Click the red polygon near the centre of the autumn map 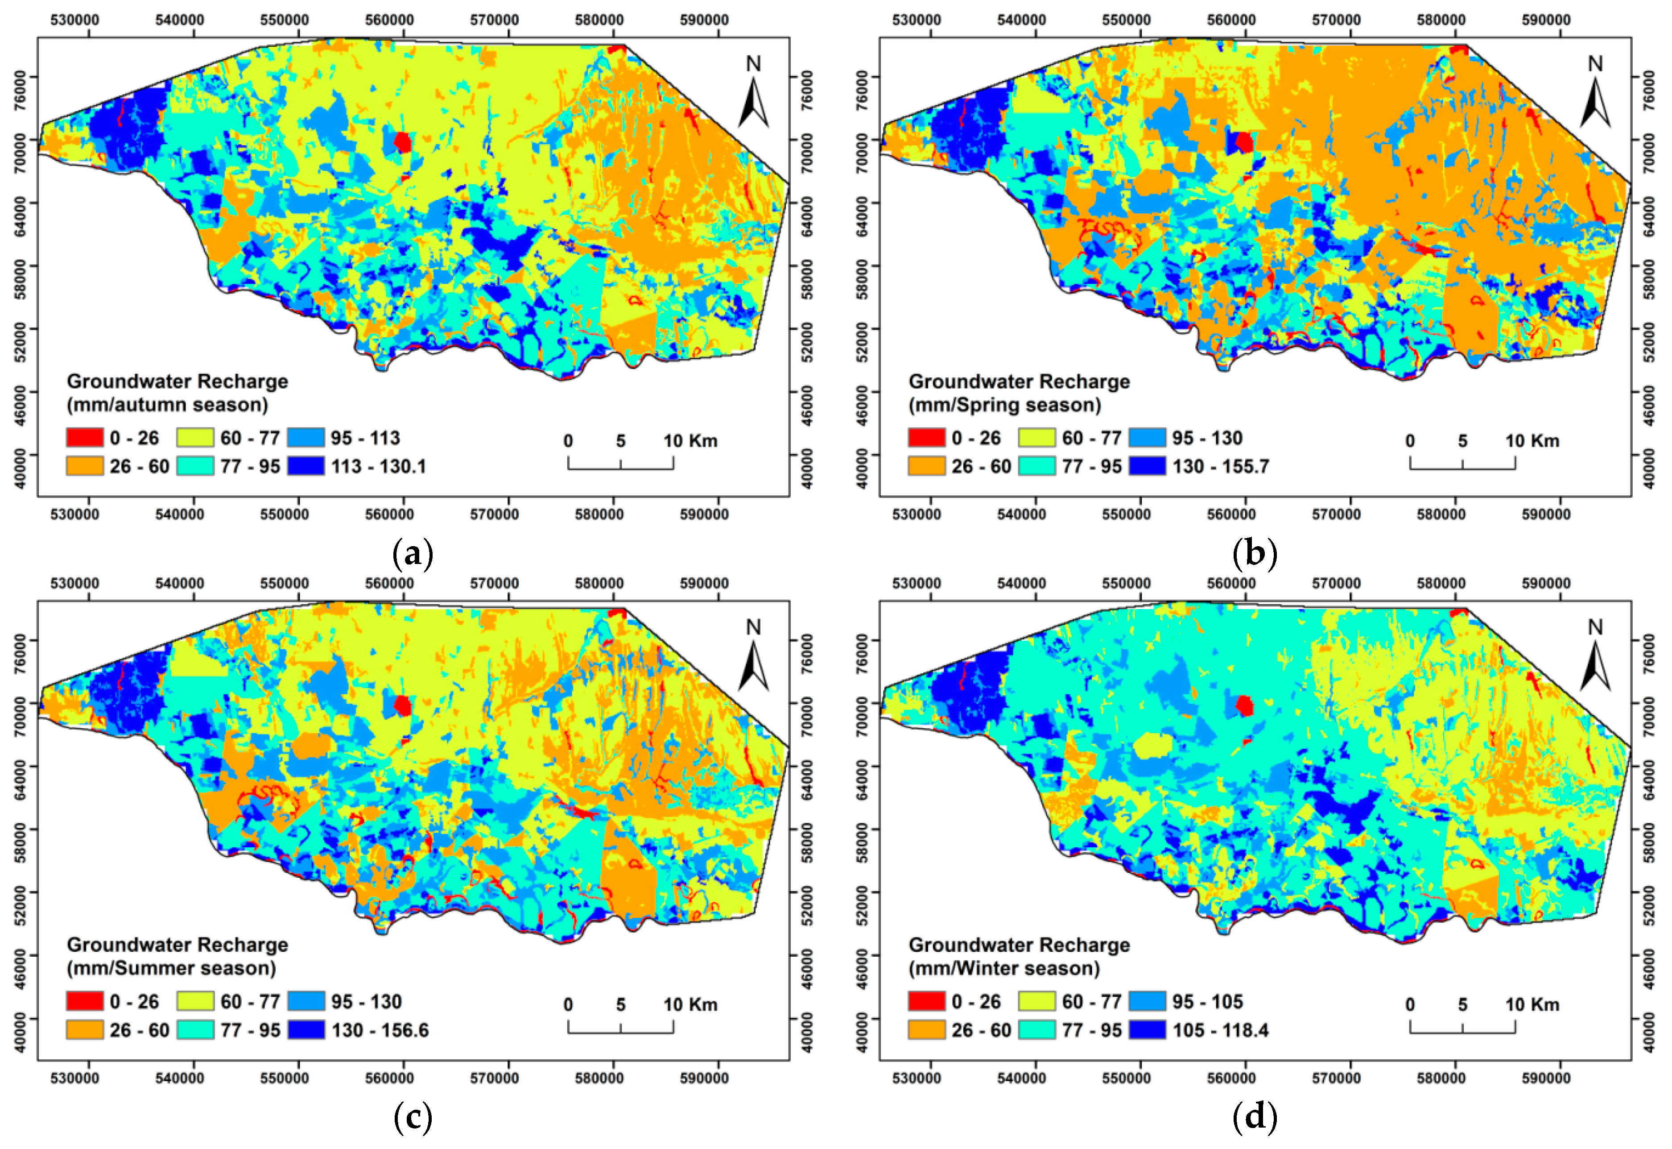click(x=402, y=142)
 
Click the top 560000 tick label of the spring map click(x=1231, y=20)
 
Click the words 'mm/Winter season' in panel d click(x=1004, y=968)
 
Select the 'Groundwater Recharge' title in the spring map click(x=1019, y=382)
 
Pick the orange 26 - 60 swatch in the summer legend click(x=84, y=1030)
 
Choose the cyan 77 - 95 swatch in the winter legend click(x=1037, y=1030)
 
